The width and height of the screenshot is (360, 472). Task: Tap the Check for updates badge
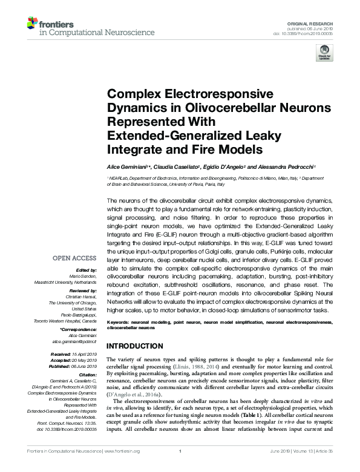pos(325,53)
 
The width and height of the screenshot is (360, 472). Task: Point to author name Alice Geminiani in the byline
pos(126,166)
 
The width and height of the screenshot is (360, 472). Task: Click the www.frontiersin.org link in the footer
pos(124,467)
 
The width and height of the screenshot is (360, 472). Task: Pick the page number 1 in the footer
pos(180,467)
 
